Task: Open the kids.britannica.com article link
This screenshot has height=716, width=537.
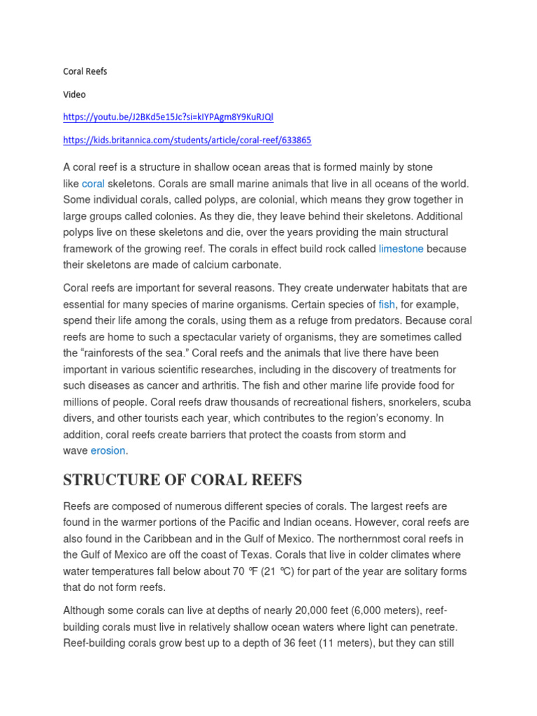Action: (x=187, y=140)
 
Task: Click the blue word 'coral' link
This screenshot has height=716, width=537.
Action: (x=93, y=183)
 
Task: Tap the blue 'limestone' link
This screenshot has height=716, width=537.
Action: (x=401, y=248)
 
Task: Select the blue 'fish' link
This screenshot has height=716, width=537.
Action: (x=387, y=304)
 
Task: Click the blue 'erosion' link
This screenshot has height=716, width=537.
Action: (x=108, y=450)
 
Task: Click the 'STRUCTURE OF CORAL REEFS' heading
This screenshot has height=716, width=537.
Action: (x=182, y=480)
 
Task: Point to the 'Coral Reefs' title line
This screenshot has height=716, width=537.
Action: (x=85, y=71)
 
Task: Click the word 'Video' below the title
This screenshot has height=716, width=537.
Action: (x=74, y=94)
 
